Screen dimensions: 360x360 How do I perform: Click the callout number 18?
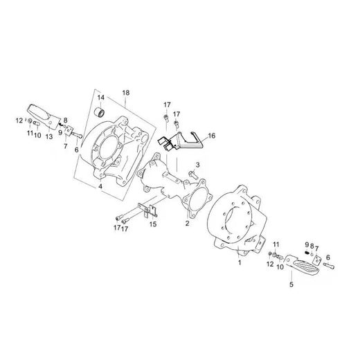pyautogui.click(x=126, y=93)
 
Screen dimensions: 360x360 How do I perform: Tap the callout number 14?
pyautogui.click(x=100, y=98)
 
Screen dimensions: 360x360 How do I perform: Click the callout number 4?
pyautogui.click(x=100, y=186)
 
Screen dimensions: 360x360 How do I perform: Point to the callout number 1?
pyautogui.click(x=240, y=262)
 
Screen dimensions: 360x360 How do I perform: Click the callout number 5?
pyautogui.click(x=291, y=284)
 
